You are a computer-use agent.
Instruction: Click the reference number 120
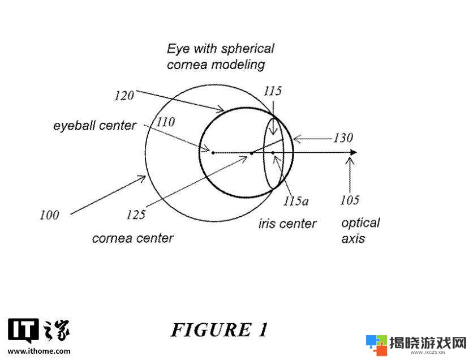pyautogui.click(x=124, y=96)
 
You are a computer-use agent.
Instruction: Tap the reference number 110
pyautogui.click(x=166, y=122)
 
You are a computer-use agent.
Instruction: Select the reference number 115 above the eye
pyautogui.click(x=273, y=91)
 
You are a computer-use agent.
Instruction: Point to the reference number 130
pyautogui.click(x=343, y=138)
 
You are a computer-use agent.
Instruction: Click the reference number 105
pyautogui.click(x=350, y=200)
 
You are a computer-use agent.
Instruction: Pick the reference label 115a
pyautogui.click(x=295, y=201)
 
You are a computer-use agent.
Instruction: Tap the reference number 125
pyautogui.click(x=136, y=215)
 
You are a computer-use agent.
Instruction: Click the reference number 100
pyautogui.click(x=49, y=215)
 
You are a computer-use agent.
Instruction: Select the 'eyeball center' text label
pyautogui.click(x=94, y=126)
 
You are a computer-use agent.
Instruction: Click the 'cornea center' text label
pyautogui.click(x=133, y=238)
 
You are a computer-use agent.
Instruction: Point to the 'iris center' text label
pyautogui.click(x=287, y=224)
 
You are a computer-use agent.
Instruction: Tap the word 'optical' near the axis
pyautogui.click(x=360, y=224)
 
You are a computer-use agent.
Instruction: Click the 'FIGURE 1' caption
pyautogui.click(x=220, y=329)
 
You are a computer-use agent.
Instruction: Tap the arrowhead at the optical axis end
pyautogui.click(x=353, y=152)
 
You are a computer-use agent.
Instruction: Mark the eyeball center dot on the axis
pyautogui.click(x=213, y=153)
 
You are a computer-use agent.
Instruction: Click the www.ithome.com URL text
pyautogui.click(x=39, y=351)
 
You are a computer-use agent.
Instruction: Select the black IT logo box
pyautogui.click(x=23, y=331)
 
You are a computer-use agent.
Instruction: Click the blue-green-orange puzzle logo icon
pyautogui.click(x=376, y=345)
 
